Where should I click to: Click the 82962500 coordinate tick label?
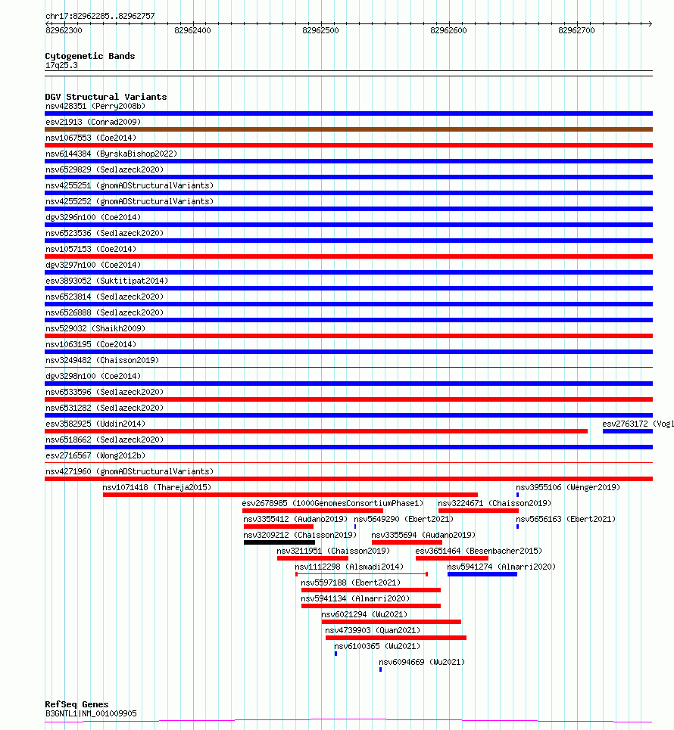320,30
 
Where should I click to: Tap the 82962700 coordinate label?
576,30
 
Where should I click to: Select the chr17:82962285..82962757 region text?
99,16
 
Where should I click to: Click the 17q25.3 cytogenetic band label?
61,65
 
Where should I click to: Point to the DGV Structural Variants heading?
105,97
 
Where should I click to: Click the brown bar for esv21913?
348,129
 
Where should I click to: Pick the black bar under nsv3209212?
279,542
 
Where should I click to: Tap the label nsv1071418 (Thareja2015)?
157,487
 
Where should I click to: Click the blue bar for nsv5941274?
482,574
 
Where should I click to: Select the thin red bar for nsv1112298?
361,574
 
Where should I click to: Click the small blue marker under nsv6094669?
380,669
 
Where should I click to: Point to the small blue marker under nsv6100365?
335,654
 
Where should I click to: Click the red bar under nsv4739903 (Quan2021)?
395,638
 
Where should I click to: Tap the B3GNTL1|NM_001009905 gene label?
91,713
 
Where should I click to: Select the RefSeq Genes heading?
76,704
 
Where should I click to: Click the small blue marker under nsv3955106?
518,495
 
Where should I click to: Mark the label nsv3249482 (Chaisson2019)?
102,360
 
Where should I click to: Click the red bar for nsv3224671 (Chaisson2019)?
478,511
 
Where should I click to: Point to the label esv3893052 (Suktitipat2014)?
107,281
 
